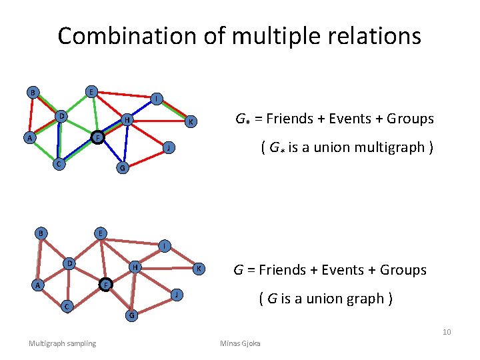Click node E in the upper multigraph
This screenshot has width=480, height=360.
pos(91,91)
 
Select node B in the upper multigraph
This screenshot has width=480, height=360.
pos(31,92)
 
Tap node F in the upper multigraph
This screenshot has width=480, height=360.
pos(97,137)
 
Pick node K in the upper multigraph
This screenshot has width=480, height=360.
pos(191,121)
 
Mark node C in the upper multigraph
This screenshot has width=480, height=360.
pos(59,163)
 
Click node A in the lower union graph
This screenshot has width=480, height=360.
pos(39,285)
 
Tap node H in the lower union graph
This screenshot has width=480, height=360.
pos(135,267)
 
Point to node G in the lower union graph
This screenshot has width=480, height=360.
pos(131,314)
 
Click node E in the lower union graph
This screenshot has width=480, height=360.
pos(99,233)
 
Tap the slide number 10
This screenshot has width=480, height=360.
pos(447,332)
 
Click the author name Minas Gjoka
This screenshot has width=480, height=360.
pos(241,343)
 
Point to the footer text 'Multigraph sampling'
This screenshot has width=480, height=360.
pos(62,343)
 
